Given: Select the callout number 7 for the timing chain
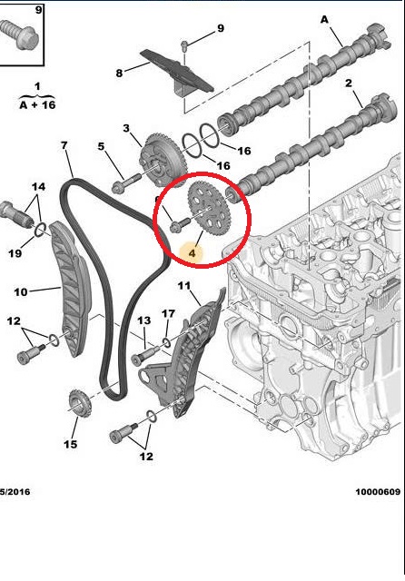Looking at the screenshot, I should tap(64, 145).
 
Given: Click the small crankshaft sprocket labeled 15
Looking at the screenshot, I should tap(77, 401).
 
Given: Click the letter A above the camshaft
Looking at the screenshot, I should tap(325, 18).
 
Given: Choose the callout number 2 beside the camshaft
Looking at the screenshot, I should tap(348, 84).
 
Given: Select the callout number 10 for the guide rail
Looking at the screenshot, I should tap(20, 291).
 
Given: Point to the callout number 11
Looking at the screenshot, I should tap(184, 287).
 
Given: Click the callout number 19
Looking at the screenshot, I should tap(15, 253).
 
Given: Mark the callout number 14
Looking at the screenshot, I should tap(37, 187).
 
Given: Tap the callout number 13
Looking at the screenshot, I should tap(143, 320).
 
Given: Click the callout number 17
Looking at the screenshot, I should tap(168, 314).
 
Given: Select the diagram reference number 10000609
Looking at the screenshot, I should tap(377, 492).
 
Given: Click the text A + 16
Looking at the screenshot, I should tap(37, 106).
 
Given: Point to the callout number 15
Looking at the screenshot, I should tap(71, 444).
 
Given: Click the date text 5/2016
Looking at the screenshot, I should tap(15, 492).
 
